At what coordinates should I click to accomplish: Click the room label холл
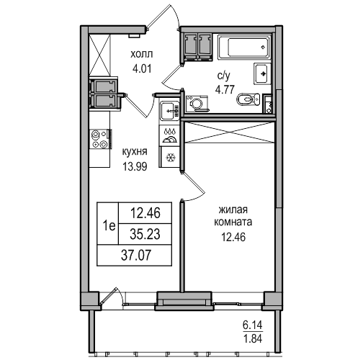(x=141, y=55)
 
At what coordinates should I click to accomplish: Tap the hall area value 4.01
(x=142, y=69)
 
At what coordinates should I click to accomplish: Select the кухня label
(x=135, y=152)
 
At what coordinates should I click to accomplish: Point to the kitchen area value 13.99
(x=135, y=166)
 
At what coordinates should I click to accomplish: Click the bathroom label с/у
(x=224, y=76)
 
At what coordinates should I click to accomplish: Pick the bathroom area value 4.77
(x=225, y=90)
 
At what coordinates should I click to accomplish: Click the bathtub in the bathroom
(x=244, y=47)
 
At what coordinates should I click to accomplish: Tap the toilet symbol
(x=248, y=99)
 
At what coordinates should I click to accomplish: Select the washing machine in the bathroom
(x=197, y=104)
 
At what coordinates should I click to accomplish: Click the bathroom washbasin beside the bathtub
(x=262, y=73)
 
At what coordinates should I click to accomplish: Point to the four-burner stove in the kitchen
(x=101, y=139)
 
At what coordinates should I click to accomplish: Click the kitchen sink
(x=170, y=111)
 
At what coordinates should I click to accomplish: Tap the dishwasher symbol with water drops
(x=170, y=135)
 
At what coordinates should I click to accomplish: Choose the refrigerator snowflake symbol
(x=171, y=158)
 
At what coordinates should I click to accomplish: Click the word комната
(x=233, y=222)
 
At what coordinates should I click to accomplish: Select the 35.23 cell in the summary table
(x=145, y=234)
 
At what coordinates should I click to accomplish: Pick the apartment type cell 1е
(x=108, y=226)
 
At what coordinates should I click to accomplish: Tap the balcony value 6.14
(x=253, y=325)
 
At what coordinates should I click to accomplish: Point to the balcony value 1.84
(x=253, y=338)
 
